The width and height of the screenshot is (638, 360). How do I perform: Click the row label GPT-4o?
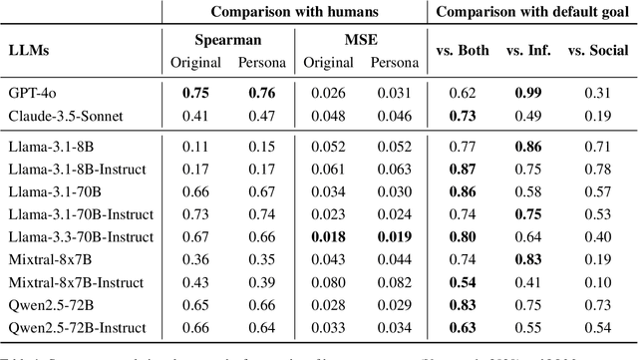click(x=29, y=93)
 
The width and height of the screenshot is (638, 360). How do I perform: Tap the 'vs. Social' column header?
click(x=597, y=51)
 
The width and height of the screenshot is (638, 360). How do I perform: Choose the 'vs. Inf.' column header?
click(x=529, y=51)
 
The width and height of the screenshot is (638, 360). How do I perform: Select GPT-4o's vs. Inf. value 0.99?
click(x=528, y=93)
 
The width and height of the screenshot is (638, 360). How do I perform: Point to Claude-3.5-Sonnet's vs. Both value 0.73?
click(x=462, y=115)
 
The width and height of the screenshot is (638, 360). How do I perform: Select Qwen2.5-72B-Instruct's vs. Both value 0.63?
click(x=462, y=326)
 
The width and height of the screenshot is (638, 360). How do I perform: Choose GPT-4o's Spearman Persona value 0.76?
click(x=262, y=93)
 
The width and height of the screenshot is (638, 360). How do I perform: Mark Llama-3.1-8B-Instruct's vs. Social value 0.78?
click(x=597, y=168)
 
